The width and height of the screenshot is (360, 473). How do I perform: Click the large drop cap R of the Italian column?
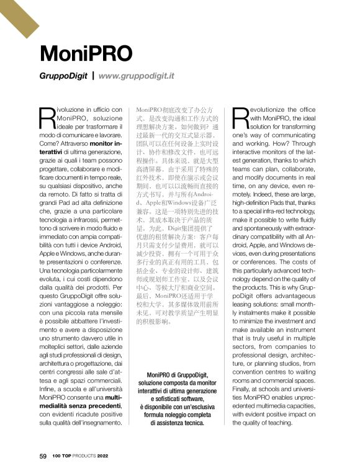[x=47, y=116]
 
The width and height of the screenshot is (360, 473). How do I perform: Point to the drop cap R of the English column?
[x=241, y=116]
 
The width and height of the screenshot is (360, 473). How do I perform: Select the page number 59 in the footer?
[x=43, y=456]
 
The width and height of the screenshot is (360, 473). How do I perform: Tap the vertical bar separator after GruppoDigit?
[x=93, y=76]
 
